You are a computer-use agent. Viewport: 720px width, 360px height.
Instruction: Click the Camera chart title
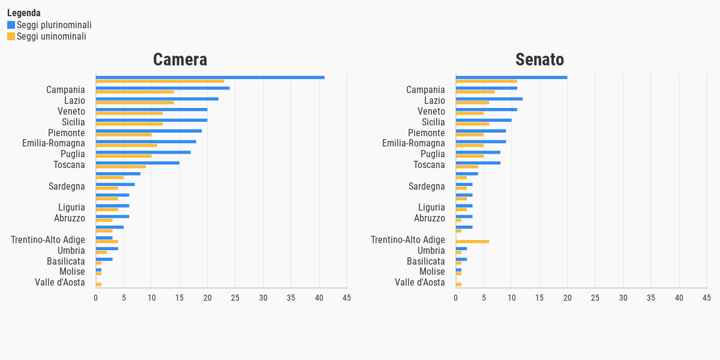point(180,60)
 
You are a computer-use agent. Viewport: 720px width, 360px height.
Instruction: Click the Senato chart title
point(539,60)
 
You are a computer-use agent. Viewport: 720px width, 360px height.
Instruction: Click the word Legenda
point(24,13)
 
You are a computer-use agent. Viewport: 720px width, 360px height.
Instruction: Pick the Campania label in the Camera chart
point(65,90)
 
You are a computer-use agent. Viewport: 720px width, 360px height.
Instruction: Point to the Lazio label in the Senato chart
point(434,101)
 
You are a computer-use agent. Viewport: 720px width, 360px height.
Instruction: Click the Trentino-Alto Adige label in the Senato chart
point(408,240)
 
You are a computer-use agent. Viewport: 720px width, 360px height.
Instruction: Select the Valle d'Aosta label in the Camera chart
point(60,283)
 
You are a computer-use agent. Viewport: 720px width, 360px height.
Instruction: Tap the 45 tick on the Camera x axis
point(346,298)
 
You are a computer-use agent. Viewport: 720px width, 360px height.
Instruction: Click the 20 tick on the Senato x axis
point(567,298)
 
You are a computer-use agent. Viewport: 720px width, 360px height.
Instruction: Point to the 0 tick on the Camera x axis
point(96,298)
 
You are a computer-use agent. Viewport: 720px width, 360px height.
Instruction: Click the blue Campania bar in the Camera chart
point(163,88)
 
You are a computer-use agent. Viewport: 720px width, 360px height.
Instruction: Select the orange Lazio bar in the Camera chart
point(135,103)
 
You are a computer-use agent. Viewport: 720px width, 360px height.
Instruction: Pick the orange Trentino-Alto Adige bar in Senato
point(472,242)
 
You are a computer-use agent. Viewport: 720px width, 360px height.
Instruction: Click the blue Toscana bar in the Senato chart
point(478,163)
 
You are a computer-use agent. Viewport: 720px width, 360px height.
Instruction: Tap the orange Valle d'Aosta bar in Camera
point(98,284)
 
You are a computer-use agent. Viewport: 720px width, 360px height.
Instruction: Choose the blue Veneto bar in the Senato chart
point(486,109)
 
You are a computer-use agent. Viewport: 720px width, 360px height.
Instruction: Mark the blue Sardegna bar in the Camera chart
point(115,184)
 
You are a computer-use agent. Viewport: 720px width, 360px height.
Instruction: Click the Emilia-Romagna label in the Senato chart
point(413,143)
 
